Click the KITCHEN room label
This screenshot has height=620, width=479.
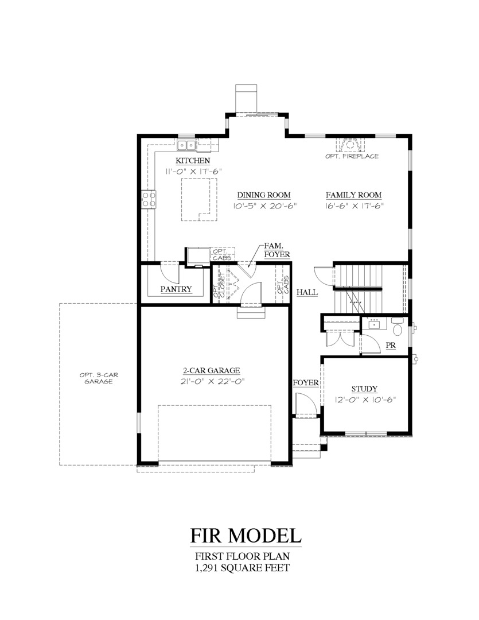click(192, 161)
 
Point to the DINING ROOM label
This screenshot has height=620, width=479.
click(264, 195)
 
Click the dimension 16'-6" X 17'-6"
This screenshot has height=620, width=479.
click(354, 206)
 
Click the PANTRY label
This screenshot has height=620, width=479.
click(176, 289)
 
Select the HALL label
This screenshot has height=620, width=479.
click(307, 293)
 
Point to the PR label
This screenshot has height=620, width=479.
click(391, 346)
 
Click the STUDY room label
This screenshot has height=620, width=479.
click(364, 389)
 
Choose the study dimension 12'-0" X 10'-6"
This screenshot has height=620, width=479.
click(365, 400)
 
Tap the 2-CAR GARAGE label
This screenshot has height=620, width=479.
click(211, 370)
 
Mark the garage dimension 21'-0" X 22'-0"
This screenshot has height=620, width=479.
click(211, 381)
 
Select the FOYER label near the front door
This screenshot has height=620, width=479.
click(305, 383)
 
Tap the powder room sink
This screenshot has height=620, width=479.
click(375, 324)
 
